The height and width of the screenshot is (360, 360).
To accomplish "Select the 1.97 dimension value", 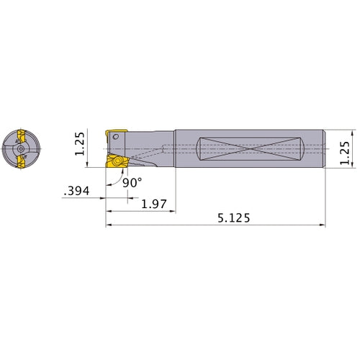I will (154, 204).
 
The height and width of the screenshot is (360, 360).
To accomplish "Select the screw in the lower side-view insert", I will (117, 163).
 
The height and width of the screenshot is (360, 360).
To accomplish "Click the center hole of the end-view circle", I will (22, 148).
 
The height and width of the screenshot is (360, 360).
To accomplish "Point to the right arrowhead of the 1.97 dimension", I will (174, 212).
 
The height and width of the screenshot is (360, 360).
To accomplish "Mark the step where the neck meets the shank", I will (175, 148).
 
